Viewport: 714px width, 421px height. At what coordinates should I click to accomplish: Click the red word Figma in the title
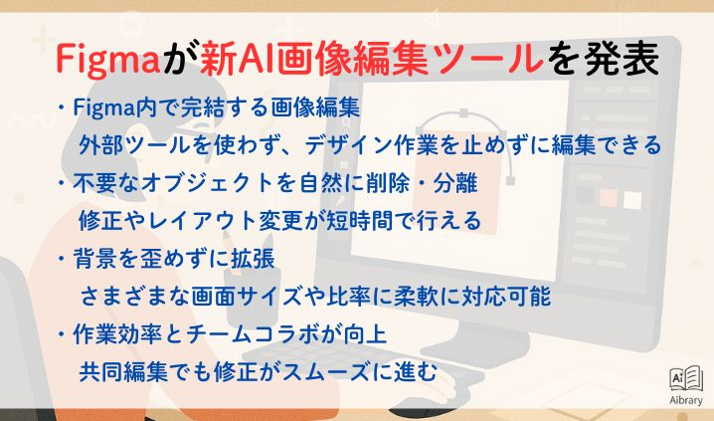click(108, 60)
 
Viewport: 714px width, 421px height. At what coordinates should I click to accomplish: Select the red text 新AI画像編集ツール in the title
click(372, 60)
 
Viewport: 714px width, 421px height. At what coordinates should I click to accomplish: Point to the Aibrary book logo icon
click(686, 378)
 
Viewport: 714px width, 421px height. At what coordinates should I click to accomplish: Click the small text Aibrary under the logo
click(686, 400)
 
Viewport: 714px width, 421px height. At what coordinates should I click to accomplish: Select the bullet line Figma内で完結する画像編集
click(217, 107)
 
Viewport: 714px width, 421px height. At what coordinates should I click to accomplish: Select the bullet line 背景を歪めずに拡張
click(173, 259)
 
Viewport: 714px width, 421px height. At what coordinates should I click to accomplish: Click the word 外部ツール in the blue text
click(135, 145)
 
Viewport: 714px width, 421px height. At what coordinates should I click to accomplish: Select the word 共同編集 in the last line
click(123, 372)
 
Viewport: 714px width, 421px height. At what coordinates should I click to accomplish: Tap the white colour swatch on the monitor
click(632, 200)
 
